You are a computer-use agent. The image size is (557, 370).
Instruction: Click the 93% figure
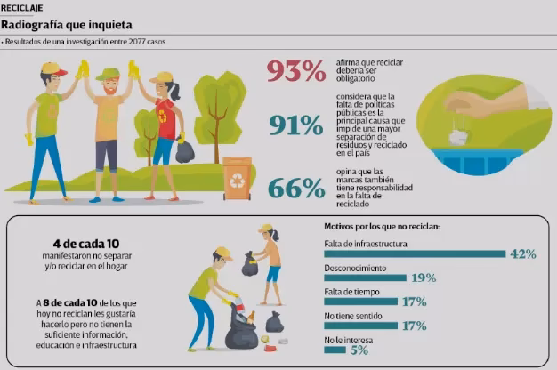[297, 72]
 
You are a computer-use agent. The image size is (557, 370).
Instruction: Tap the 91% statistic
[296, 127]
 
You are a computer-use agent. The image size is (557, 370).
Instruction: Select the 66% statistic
[296, 188]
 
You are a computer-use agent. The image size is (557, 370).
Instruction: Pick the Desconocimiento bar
[365, 278]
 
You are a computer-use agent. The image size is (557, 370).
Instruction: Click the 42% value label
[522, 254]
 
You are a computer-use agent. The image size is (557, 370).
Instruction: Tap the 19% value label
[424, 278]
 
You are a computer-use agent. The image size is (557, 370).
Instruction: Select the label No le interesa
[347, 339]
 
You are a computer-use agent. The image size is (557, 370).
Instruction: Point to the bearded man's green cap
[108, 73]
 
